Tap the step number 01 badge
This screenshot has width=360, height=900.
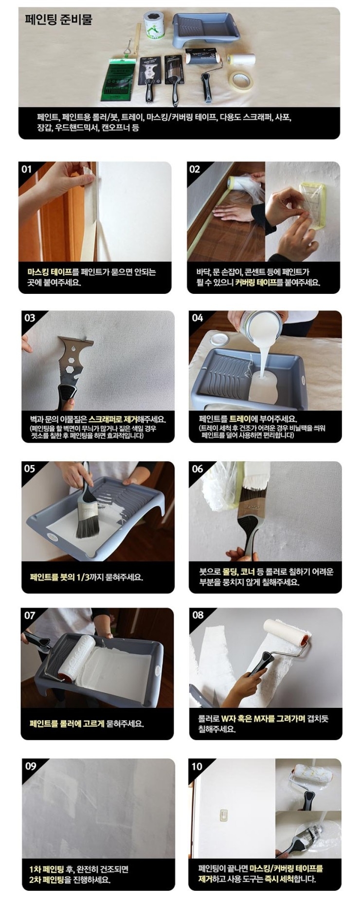tap(27, 169)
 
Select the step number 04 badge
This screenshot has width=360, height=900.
tap(198, 318)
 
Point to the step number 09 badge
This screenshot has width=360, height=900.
tap(30, 766)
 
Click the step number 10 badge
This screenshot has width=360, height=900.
tap(197, 766)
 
